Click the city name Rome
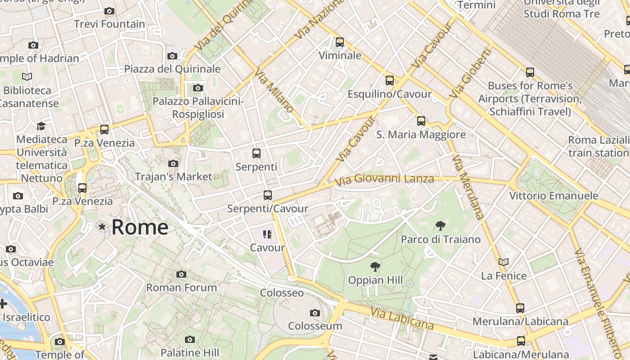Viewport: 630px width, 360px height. [139, 227]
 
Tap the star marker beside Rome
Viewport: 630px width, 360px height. [103, 227]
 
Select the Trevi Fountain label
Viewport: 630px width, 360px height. [109, 24]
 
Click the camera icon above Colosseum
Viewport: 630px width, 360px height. [315, 313]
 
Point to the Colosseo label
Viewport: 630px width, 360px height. [282, 293]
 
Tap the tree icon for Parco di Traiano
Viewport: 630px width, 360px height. [440, 226]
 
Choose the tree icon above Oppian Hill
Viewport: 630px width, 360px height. [375, 267]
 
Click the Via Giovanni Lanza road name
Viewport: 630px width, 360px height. [385, 180]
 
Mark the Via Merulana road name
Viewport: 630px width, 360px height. [468, 186]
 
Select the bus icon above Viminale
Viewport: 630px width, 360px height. [340, 42]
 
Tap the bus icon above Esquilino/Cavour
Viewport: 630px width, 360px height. [390, 81]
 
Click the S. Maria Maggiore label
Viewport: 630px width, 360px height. [421, 135]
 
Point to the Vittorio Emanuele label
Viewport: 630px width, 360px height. [553, 196]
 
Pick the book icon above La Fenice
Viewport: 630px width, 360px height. [504, 262]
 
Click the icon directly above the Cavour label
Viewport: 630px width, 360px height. [267, 234]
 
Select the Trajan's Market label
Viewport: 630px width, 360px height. [173, 176]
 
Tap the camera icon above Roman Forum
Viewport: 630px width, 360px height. [181, 274]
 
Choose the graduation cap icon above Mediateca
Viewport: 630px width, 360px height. [41, 126]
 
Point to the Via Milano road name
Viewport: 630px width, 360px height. [274, 90]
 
